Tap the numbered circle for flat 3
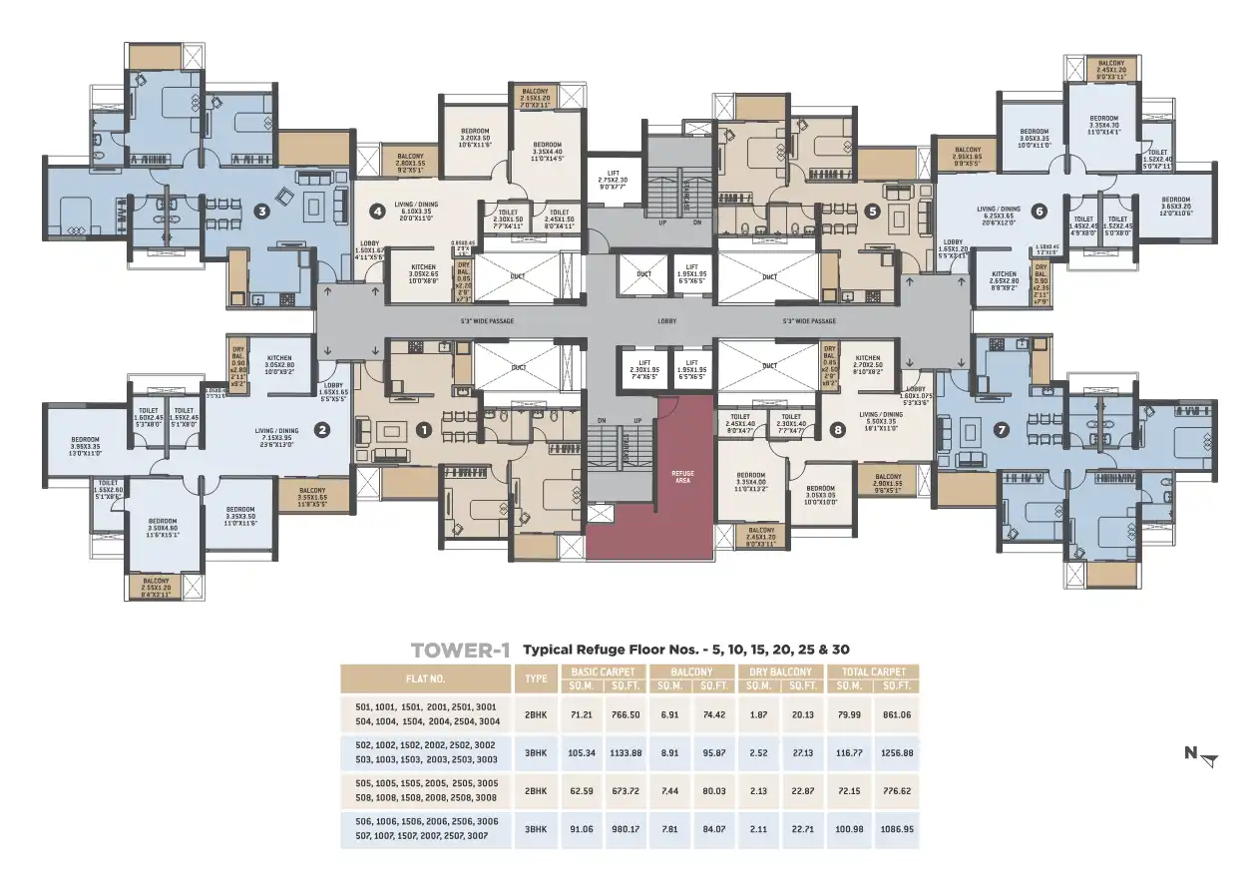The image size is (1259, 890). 262,211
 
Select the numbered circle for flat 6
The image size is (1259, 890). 1039,212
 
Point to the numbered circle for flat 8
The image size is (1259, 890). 836,431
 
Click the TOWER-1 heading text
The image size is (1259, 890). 460,651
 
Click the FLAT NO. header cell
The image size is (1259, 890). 425,679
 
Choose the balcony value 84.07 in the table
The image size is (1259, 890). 712,827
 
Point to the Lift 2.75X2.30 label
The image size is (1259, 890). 613,176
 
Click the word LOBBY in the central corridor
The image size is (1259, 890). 666,321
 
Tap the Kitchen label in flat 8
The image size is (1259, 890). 867,361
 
